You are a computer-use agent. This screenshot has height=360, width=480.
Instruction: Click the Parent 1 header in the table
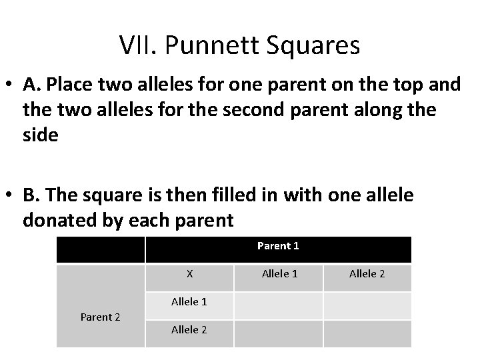278,246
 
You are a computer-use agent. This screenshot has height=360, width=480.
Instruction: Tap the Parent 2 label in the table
100,317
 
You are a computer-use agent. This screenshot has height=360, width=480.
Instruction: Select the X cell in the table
189,274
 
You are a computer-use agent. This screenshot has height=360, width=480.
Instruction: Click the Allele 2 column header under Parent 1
367,274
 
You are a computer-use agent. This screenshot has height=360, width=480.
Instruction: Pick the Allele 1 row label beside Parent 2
189,302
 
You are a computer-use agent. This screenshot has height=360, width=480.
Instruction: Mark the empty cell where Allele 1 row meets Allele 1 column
279,305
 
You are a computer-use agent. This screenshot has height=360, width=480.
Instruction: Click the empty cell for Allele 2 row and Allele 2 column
367,333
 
